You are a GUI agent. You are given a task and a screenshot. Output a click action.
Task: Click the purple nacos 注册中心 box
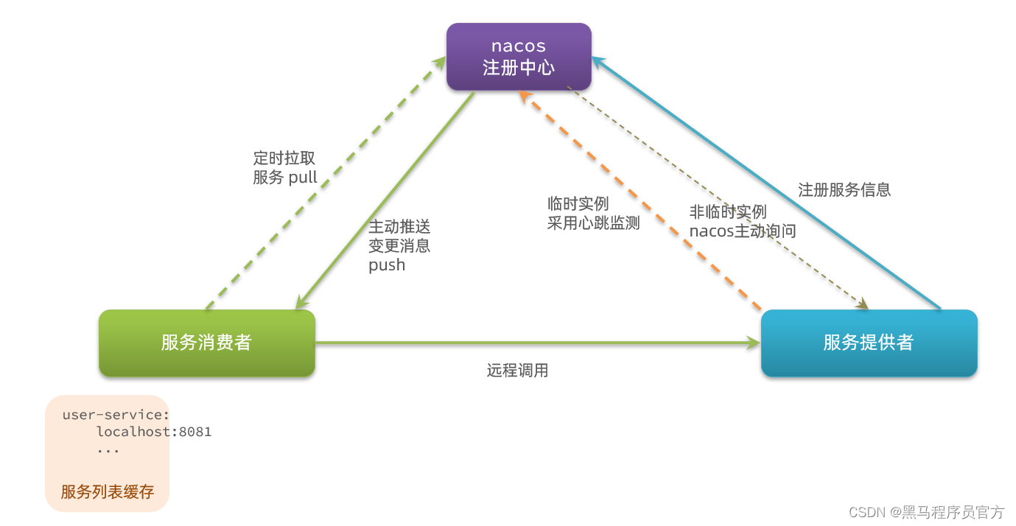click(x=519, y=57)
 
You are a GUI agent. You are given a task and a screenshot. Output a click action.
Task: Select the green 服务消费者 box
click(x=207, y=343)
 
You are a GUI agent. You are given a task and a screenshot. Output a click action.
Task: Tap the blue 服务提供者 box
click(x=869, y=343)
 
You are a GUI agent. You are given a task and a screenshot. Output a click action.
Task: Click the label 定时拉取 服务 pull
click(x=285, y=168)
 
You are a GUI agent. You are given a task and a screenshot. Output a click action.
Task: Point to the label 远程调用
click(x=517, y=371)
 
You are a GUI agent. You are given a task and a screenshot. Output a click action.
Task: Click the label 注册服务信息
click(x=844, y=190)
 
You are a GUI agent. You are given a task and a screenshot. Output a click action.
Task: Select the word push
click(x=387, y=265)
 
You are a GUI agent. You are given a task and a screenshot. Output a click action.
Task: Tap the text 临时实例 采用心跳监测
click(x=593, y=214)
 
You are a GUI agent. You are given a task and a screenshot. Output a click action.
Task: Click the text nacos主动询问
click(x=743, y=231)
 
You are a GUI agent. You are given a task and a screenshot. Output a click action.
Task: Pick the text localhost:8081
click(x=154, y=432)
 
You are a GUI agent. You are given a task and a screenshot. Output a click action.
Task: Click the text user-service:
click(x=116, y=415)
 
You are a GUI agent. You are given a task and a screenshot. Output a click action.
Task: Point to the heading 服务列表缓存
click(x=108, y=492)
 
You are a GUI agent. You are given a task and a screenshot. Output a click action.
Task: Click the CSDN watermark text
click(x=926, y=512)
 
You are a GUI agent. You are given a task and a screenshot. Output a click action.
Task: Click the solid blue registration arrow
click(x=766, y=183)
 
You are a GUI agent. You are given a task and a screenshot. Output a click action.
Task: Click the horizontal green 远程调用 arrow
click(x=538, y=343)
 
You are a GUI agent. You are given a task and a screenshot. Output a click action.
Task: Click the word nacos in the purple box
click(x=519, y=46)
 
